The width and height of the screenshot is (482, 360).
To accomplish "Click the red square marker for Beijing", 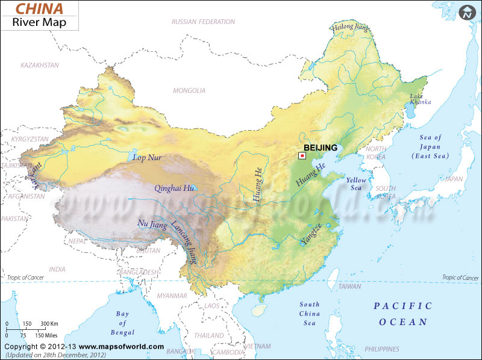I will [x=302, y=155].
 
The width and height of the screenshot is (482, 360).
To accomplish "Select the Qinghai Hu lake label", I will [x=174, y=188].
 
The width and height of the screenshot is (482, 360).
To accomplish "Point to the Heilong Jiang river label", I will [x=350, y=27].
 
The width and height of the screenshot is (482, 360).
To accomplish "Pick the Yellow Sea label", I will [x=355, y=184].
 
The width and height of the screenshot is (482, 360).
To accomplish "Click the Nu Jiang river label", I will [x=152, y=224].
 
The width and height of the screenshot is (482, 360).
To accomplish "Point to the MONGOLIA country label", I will [x=189, y=91].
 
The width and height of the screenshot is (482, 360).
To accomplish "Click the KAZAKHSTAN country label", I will [x=40, y=64].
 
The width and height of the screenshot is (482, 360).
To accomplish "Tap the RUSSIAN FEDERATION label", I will [x=203, y=22].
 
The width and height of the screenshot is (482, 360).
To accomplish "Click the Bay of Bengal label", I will [x=123, y=322].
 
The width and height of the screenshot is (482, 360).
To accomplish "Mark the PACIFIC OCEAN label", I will [x=402, y=314].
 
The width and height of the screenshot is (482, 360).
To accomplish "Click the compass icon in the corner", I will [x=467, y=12].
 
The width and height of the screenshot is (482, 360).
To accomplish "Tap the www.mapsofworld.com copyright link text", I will [x=121, y=347].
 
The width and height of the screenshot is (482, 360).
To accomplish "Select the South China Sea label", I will [x=310, y=314].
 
